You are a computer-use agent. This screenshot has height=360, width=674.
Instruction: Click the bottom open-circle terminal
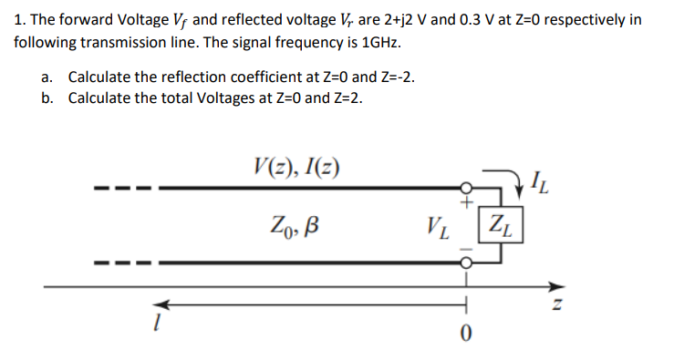click(466, 262)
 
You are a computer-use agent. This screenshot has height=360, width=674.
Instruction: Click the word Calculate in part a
click(104, 77)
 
